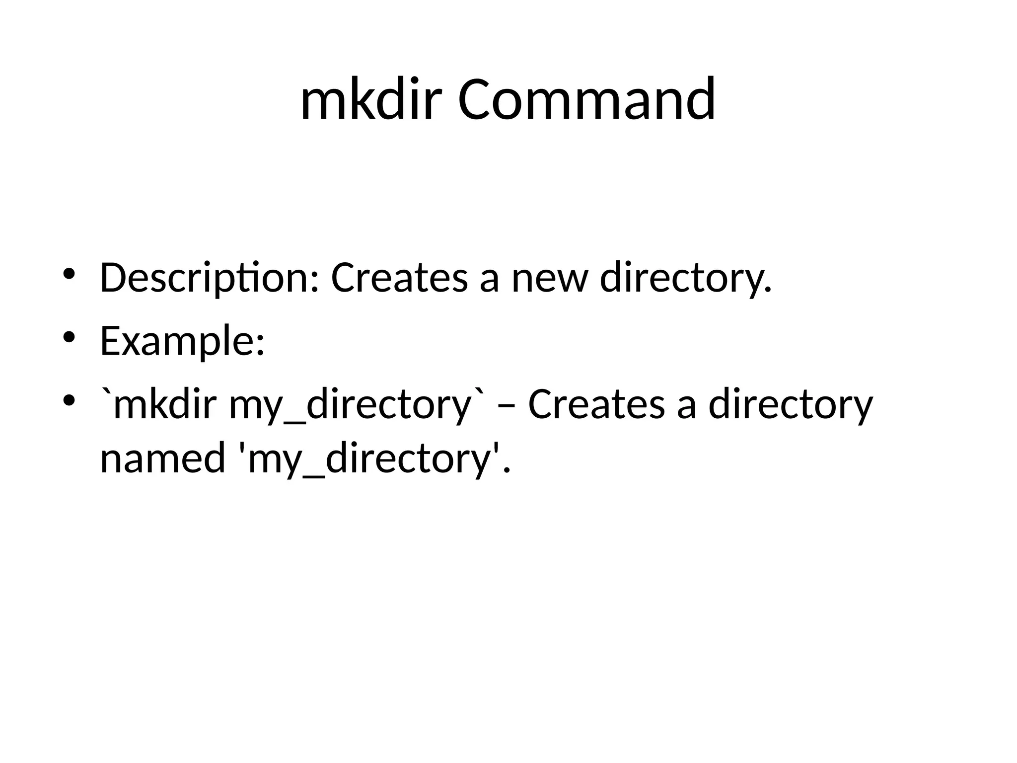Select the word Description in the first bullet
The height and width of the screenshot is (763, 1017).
(204, 278)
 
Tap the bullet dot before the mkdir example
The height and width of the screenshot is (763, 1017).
(69, 400)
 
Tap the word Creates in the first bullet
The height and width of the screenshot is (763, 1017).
(399, 278)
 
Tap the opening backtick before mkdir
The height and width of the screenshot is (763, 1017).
(106, 395)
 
